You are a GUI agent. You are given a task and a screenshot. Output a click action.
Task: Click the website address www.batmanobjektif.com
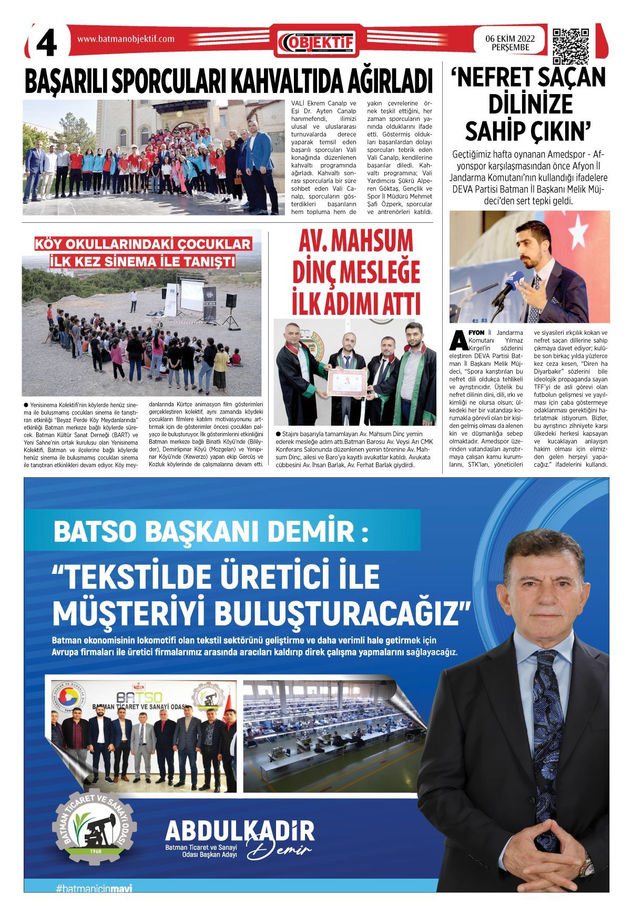point(126,38)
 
